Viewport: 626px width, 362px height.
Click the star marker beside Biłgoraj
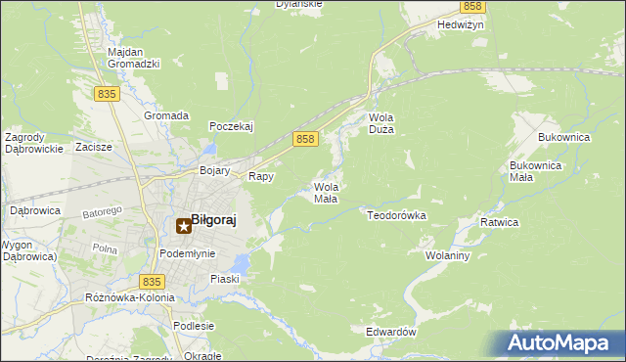[x=182, y=227]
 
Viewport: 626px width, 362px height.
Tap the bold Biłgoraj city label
[x=213, y=220]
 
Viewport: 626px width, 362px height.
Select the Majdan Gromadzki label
[x=133, y=58]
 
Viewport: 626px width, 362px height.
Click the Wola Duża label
[x=380, y=124]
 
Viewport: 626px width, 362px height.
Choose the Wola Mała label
[x=326, y=192]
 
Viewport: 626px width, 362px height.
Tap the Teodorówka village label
[x=396, y=214]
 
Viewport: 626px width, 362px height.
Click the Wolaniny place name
[x=449, y=255]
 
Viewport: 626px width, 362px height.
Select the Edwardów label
[x=391, y=332]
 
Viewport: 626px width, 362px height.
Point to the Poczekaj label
[x=232, y=126]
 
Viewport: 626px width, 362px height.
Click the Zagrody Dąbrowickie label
[x=33, y=143]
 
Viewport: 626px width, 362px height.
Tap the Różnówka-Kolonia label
[x=130, y=297]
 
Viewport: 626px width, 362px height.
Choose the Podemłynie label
[x=186, y=253]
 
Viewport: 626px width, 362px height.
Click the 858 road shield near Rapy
[x=305, y=140]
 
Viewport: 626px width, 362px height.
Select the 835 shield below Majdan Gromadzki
[x=108, y=93]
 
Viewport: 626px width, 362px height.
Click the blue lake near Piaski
[x=241, y=261]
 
